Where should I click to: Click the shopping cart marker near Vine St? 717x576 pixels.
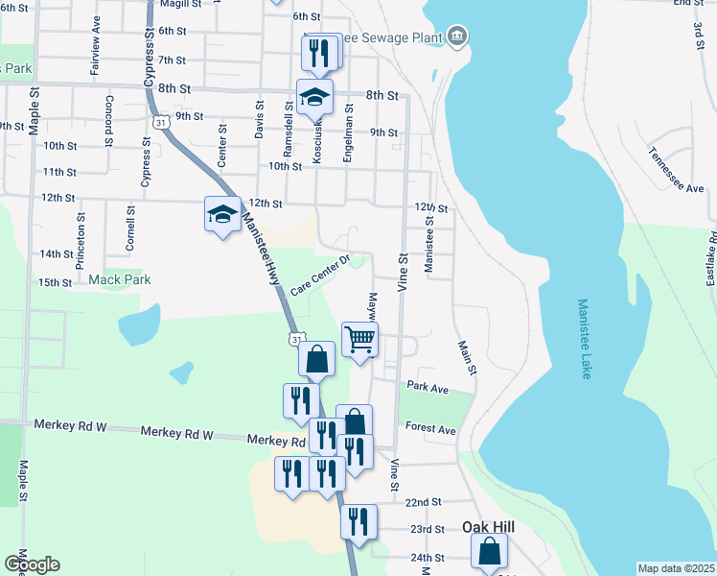tap(360, 340)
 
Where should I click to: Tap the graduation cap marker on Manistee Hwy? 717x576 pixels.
tap(222, 213)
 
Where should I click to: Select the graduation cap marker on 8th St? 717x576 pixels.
tap(314, 96)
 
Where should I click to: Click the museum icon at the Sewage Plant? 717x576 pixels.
tap(456, 37)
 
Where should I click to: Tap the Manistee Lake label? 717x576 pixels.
tap(584, 338)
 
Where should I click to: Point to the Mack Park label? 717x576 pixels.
tap(120, 279)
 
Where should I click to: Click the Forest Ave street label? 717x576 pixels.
tap(430, 429)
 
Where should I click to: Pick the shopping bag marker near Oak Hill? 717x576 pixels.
tap(489, 552)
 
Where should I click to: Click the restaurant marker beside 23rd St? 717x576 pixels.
tap(358, 522)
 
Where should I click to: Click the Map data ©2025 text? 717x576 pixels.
tap(676, 568)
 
